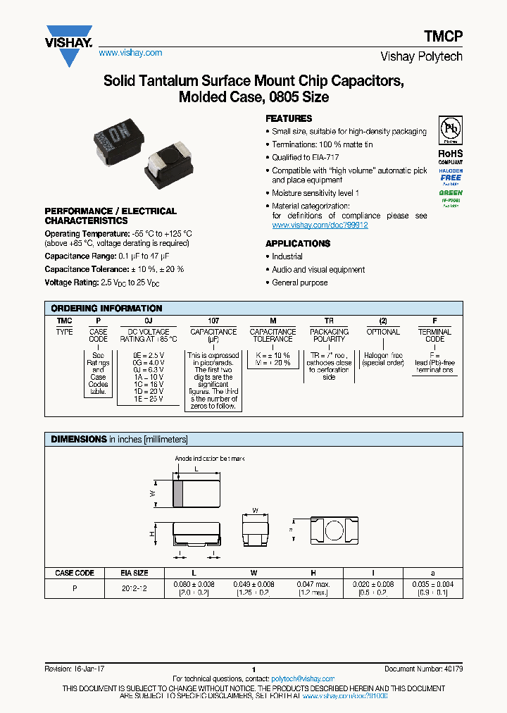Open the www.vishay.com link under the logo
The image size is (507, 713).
click(130, 53)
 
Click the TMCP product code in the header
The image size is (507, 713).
click(443, 38)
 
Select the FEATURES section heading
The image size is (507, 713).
click(289, 118)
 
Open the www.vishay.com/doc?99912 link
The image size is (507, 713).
click(320, 225)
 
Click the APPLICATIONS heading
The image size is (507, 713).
click(298, 243)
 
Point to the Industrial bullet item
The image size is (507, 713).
click(287, 256)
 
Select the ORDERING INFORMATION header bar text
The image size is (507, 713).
click(107, 309)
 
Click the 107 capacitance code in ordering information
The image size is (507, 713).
click(213, 321)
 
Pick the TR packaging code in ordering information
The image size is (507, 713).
click(329, 321)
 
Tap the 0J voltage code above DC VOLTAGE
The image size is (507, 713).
click(149, 321)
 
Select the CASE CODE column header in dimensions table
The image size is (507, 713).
click(75, 573)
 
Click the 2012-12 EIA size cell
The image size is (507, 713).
click(134, 588)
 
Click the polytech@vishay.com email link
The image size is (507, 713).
click(304, 678)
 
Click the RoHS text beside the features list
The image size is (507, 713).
click(450, 153)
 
